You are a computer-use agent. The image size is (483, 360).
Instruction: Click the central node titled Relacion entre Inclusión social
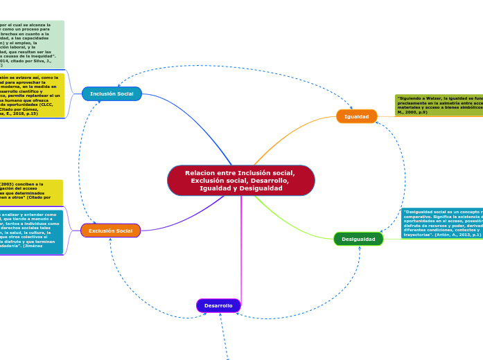pyautogui.click(x=240, y=180)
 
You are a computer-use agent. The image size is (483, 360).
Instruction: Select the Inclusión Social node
pyautogui.click(x=112, y=93)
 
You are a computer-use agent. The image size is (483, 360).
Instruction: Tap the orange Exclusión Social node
pyautogui.click(x=110, y=231)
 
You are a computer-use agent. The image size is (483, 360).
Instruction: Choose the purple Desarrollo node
pyautogui.click(x=218, y=305)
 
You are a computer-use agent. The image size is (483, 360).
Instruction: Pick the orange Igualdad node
pyautogui.click(x=356, y=116)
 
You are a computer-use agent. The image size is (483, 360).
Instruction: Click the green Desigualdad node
pyautogui.click(x=358, y=239)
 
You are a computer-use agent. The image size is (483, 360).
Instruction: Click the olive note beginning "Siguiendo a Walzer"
pyautogui.click(x=439, y=105)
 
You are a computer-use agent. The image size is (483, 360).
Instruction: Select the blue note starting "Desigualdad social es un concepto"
pyautogui.click(x=442, y=223)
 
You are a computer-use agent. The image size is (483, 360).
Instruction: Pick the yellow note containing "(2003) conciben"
pyautogui.click(x=31, y=192)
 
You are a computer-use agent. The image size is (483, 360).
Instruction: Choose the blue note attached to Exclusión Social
pyautogui.click(x=31, y=232)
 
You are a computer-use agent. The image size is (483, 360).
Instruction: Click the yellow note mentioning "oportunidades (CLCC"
pyautogui.click(x=31, y=95)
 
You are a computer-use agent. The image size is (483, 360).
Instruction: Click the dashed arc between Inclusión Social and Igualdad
pyautogui.click(x=229, y=66)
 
